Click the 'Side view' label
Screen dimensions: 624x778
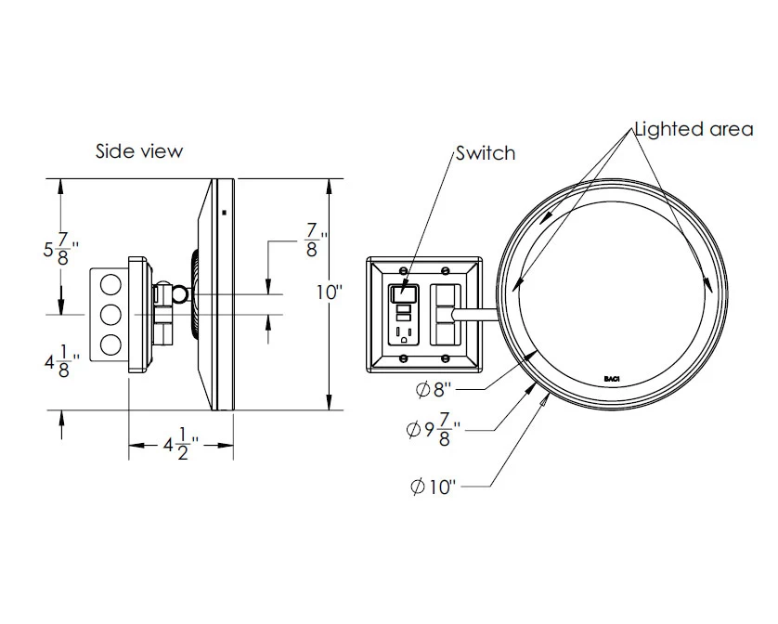coord(139,150)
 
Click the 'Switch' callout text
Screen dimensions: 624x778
coord(485,153)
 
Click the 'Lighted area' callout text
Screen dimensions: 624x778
coord(693,129)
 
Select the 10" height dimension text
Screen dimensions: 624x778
coord(330,292)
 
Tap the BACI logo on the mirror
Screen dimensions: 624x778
coord(611,378)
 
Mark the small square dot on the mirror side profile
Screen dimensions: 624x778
coord(224,213)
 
